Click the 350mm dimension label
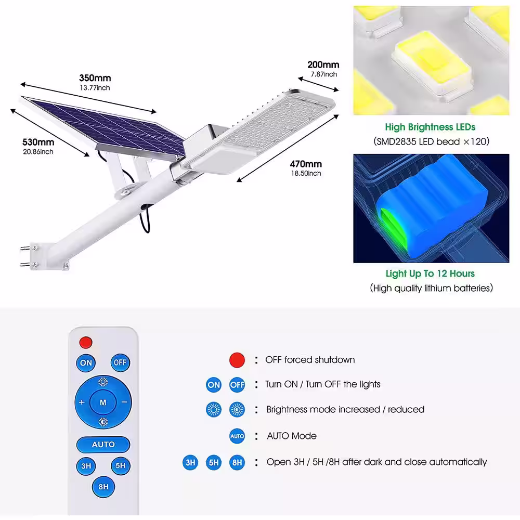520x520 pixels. (95, 78)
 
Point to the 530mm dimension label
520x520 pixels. (38, 142)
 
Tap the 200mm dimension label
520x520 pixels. (323, 64)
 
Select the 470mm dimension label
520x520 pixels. (306, 164)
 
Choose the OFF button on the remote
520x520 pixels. (120, 362)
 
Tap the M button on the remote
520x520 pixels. (103, 402)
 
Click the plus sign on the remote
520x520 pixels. (82, 402)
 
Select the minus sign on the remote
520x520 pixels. (124, 402)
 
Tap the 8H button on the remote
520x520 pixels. (103, 487)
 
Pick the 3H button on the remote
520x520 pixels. (86, 466)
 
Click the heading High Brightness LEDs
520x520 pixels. (430, 127)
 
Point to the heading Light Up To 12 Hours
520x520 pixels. (430, 274)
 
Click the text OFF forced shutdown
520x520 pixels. (310, 360)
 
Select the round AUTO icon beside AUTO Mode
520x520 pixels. (237, 436)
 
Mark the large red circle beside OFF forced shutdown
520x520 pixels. (237, 360)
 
